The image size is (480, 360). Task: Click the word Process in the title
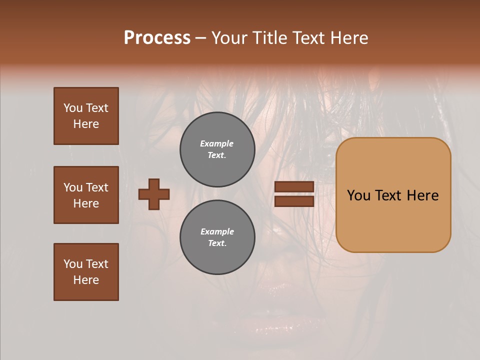click(157, 38)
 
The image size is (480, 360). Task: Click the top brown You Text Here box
click(86, 116)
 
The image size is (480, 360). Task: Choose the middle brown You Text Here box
click(86, 195)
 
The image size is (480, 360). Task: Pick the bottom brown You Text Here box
click(86, 272)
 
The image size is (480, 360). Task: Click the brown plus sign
click(154, 194)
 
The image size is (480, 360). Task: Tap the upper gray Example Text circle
click(217, 149)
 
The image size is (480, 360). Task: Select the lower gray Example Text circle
click(217, 237)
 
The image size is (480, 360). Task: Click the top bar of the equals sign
click(294, 187)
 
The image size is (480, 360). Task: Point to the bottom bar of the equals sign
click(294, 201)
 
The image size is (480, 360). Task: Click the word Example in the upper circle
click(216, 143)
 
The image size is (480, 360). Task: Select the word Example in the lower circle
click(217, 231)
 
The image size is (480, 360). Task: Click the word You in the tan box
click(359, 195)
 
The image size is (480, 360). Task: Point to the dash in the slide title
click(201, 38)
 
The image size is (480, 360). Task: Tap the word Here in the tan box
click(423, 195)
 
